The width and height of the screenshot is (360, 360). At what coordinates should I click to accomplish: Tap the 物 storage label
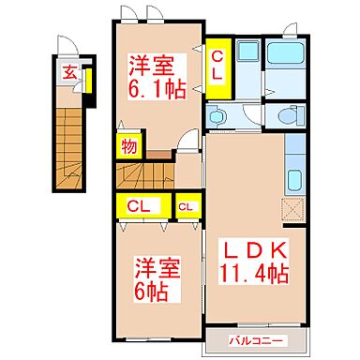coord(127,148)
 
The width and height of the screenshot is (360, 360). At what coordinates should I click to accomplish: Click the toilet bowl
coord(283,116)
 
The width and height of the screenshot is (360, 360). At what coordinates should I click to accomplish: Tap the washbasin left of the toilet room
coord(217,117)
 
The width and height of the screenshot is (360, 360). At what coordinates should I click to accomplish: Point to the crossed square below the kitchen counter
coord(293,209)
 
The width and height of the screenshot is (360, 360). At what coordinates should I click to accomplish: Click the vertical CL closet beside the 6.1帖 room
coord(217,66)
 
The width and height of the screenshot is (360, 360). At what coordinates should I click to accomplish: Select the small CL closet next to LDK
coord(187,206)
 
